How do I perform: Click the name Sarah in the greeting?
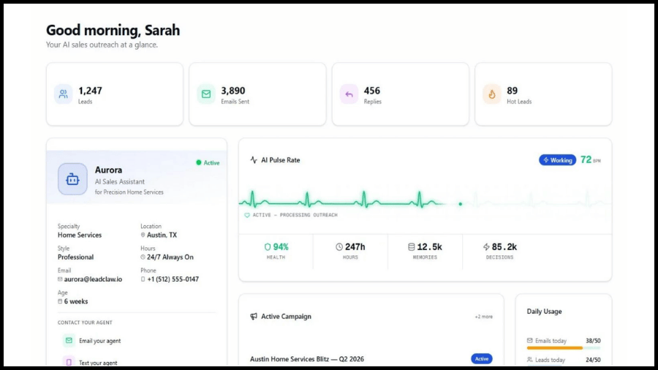click(162, 30)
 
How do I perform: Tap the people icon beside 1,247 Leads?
click(64, 94)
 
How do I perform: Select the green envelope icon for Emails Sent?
click(206, 94)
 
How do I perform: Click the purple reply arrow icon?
click(349, 94)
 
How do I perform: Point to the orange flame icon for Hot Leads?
click(492, 94)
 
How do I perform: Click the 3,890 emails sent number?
click(233, 91)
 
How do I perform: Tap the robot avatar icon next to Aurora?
click(72, 179)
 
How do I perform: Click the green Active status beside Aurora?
click(208, 163)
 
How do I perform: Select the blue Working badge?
click(557, 160)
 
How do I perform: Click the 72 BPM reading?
click(591, 160)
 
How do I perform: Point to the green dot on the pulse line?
click(461, 204)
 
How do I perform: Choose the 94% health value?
click(276, 246)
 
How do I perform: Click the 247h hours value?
click(350, 246)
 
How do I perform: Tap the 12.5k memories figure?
click(425, 246)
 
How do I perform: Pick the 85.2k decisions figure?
click(500, 246)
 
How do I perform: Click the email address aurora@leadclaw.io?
click(93, 279)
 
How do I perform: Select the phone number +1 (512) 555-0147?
click(173, 279)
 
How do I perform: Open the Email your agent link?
click(100, 341)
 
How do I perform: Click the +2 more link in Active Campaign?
click(484, 317)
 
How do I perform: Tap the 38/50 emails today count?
click(593, 341)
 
